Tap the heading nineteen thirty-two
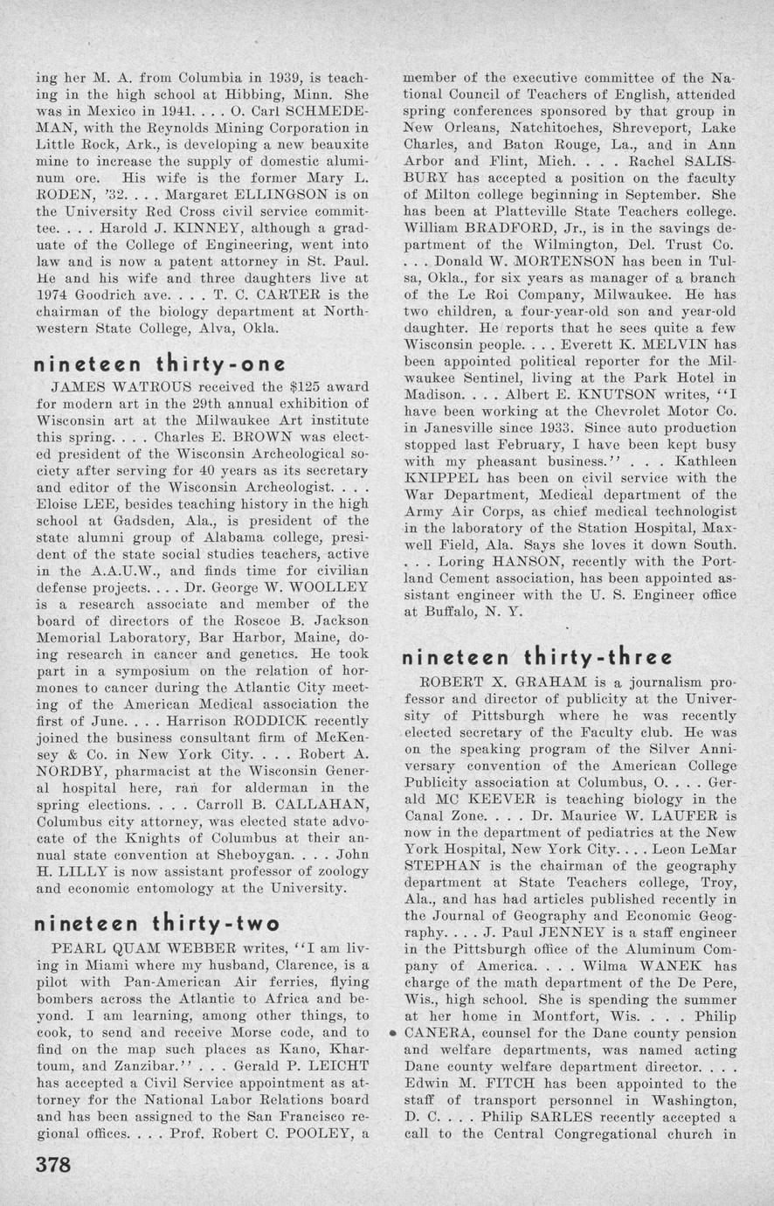click(156, 923)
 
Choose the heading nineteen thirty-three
click(536, 657)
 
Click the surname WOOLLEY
click(328, 587)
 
